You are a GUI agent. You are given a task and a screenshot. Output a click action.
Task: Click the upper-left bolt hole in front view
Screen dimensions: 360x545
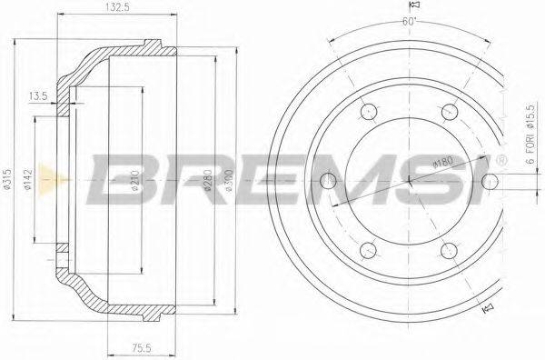[x=368, y=112]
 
